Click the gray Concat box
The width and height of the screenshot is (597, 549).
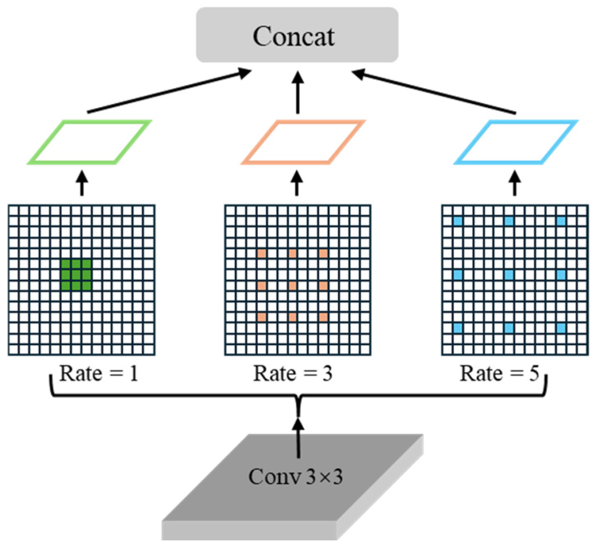click(297, 35)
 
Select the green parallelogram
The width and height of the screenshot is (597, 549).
click(89, 142)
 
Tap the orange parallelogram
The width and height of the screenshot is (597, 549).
click(303, 142)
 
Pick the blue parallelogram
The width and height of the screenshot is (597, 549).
click(516, 142)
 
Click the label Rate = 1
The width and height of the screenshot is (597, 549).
click(98, 374)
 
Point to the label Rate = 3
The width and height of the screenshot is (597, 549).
click(293, 374)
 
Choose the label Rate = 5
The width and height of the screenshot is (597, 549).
click(499, 374)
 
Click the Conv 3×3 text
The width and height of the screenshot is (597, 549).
click(295, 476)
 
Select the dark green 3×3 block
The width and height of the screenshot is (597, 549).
click(76, 275)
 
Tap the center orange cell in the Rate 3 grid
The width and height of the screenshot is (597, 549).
click(292, 285)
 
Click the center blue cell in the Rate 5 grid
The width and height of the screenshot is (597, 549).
click(509, 274)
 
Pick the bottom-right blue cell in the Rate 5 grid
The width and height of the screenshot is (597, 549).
click(561, 328)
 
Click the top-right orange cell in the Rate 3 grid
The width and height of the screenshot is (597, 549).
click(323, 253)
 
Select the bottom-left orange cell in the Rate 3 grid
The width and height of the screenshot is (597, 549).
click(262, 317)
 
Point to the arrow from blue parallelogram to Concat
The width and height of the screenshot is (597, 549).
click(435, 92)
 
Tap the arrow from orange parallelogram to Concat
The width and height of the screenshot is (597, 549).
click(298, 92)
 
